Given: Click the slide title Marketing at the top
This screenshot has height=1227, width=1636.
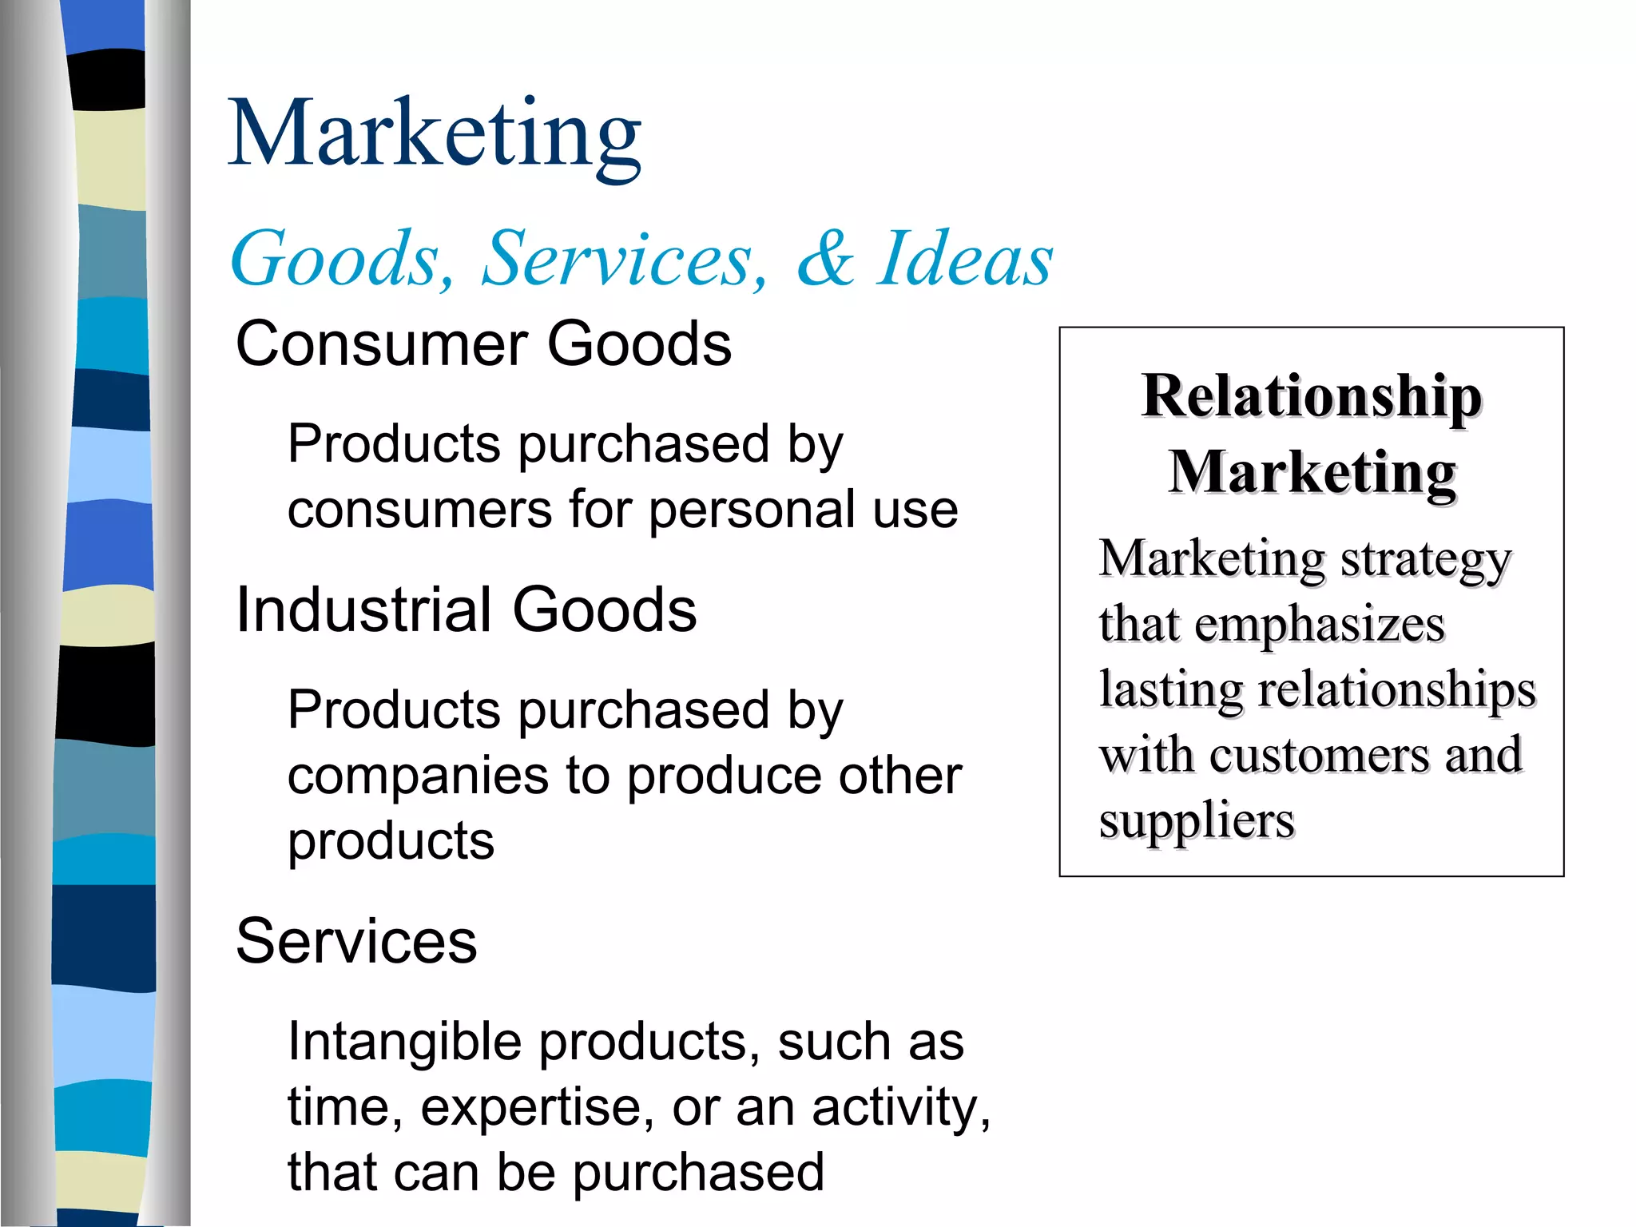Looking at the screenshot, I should [435, 134].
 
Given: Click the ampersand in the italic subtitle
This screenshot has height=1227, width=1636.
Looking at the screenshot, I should [825, 258].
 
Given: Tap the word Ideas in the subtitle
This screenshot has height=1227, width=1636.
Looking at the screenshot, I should [965, 258].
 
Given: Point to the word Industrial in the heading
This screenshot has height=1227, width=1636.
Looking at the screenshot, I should [363, 610].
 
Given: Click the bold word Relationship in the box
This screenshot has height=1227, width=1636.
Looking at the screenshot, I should [1312, 396].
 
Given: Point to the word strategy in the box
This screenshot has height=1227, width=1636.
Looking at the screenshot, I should [1425, 560].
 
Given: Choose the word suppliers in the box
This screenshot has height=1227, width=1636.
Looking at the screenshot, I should [1196, 821].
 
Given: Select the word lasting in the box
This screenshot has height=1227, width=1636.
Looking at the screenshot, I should [1170, 689].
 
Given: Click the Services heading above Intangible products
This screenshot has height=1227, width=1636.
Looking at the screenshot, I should [356, 941].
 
